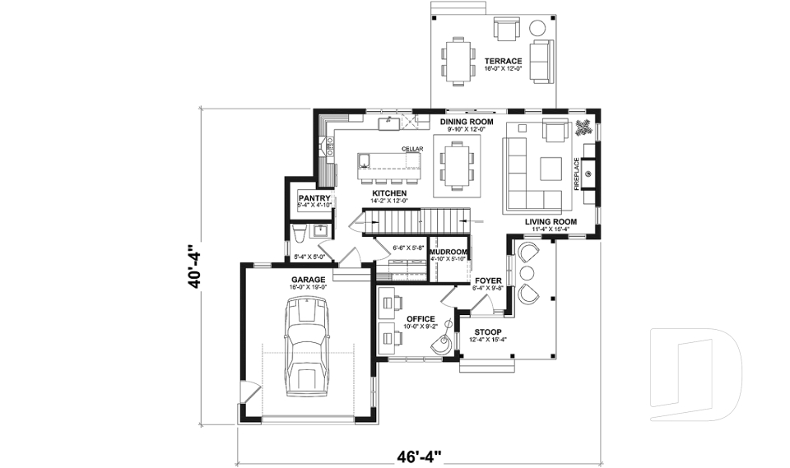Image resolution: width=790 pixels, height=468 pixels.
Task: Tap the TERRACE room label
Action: point(503,61)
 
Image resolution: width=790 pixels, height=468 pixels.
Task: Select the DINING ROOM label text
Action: point(467,122)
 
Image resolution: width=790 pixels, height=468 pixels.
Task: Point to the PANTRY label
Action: point(314,198)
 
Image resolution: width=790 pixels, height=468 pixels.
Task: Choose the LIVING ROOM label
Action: point(551,222)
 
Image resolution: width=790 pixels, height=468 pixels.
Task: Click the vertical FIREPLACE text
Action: point(577,174)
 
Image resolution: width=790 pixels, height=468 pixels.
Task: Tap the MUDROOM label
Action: point(448,252)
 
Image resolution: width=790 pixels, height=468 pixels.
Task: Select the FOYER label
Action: point(488,280)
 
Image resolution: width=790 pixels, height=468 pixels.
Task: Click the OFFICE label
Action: point(420,319)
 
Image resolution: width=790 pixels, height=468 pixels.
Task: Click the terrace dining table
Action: point(458,61)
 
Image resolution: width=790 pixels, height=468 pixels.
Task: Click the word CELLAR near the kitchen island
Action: point(412,149)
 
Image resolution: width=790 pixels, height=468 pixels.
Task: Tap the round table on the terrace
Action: point(539,26)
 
